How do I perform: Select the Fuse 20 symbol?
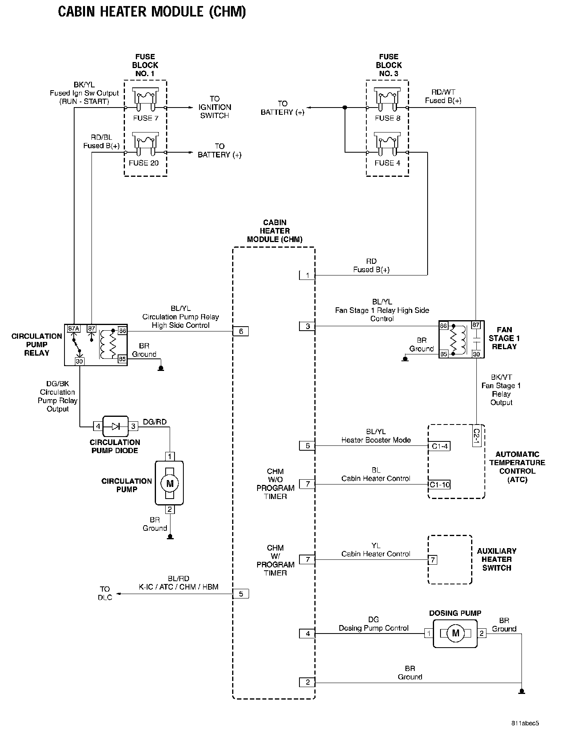point(145,145)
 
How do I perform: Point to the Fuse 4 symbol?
point(387,145)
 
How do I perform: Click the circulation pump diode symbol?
point(115,426)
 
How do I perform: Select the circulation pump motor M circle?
point(170,483)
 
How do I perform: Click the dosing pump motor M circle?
point(455,633)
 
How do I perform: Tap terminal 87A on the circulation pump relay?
point(74,329)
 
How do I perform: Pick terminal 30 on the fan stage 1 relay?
point(476,354)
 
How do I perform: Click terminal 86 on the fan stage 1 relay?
point(443,325)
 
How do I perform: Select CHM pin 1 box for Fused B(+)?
point(307,275)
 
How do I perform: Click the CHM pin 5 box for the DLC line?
point(241,594)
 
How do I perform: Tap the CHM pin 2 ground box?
point(307,682)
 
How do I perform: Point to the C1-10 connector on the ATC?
point(439,485)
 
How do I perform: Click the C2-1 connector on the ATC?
point(476,436)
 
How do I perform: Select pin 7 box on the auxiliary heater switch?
point(432,560)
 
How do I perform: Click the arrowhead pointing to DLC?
point(119,594)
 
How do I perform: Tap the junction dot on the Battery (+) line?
point(345,108)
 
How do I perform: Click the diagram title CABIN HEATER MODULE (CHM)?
point(152,12)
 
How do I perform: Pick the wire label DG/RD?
point(155,422)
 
